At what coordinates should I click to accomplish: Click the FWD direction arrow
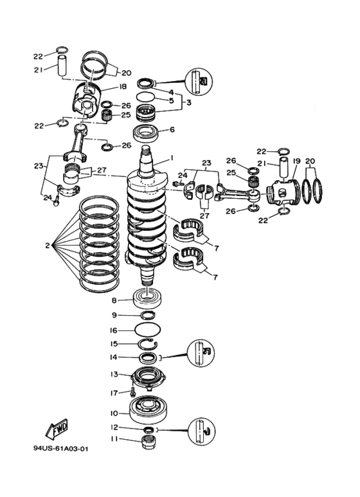pyautogui.click(x=57, y=429)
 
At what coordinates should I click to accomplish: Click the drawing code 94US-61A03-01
pyautogui.click(x=61, y=449)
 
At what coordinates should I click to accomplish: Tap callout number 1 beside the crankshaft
pyautogui.click(x=172, y=158)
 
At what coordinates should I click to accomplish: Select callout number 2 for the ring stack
pyautogui.click(x=47, y=246)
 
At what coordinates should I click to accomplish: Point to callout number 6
pyautogui.click(x=172, y=130)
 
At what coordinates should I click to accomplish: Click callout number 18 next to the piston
pyautogui.click(x=123, y=87)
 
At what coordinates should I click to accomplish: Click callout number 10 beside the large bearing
pyautogui.click(x=114, y=413)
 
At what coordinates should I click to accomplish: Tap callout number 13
pyautogui.click(x=114, y=374)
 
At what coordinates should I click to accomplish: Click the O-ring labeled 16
pyautogui.click(x=148, y=330)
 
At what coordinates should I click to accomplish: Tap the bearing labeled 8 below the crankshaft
pyautogui.click(x=148, y=298)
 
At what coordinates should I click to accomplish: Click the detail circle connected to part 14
pyautogui.click(x=201, y=354)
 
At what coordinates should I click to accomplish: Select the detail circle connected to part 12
pyautogui.click(x=201, y=431)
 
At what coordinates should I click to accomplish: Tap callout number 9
pyautogui.click(x=114, y=315)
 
